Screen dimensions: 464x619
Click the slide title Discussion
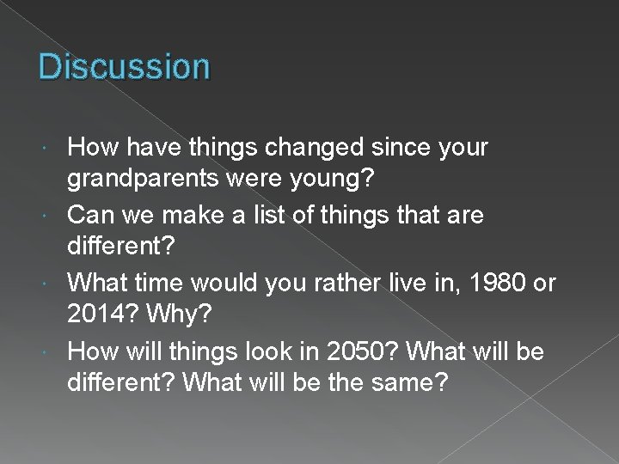pos(124,66)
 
